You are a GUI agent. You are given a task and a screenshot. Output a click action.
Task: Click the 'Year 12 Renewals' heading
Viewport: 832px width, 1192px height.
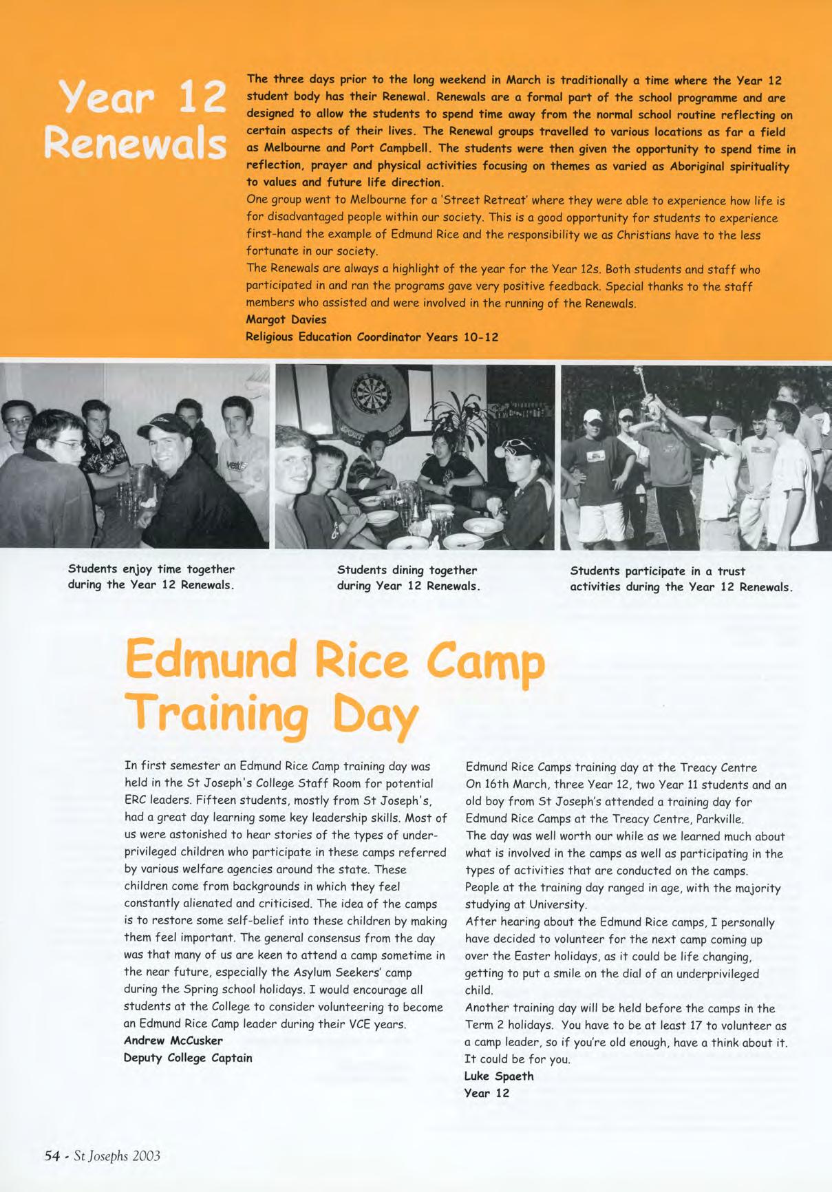135,121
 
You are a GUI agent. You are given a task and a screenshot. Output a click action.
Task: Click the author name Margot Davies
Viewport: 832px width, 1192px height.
286,319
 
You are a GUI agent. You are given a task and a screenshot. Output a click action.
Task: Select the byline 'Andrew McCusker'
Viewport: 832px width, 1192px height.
173,1041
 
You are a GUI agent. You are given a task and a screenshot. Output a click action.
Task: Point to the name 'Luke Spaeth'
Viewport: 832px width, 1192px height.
499,1076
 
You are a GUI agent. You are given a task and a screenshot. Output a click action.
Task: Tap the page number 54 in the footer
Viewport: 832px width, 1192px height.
52,1156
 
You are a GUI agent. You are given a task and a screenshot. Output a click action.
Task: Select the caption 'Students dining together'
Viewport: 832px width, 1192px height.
407,570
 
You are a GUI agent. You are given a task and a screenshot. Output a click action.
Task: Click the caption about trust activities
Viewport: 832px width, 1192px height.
681,579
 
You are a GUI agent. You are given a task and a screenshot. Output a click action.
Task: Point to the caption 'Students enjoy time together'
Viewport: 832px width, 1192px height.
151,569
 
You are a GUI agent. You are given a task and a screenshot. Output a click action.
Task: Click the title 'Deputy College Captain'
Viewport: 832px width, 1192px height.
188,1058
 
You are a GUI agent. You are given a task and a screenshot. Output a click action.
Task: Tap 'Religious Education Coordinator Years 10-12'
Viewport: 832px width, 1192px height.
372,337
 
